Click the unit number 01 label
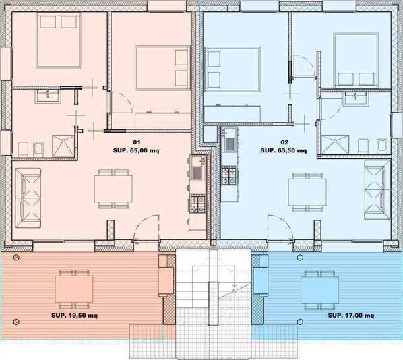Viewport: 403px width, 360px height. pyautogui.click(x=137, y=142)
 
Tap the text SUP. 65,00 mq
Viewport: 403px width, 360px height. pyautogui.click(x=136, y=151)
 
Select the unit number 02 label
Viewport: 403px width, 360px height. pyautogui.click(x=284, y=142)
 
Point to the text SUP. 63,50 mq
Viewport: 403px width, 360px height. pyautogui.click(x=284, y=150)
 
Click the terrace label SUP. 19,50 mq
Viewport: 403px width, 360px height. pyautogui.click(x=74, y=316)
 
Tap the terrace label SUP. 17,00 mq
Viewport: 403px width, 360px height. pyautogui.click(x=351, y=316)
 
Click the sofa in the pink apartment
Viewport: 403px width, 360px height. pyautogui.click(x=28, y=198)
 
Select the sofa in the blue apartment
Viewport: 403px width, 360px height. pyautogui.click(x=377, y=189)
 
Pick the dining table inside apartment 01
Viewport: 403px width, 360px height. pyautogui.click(x=114, y=189)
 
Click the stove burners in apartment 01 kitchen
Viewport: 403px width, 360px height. pyautogui.click(x=198, y=204)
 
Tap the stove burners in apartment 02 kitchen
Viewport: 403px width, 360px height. pyautogui.click(x=228, y=175)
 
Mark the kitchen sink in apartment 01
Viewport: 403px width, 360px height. pyautogui.click(x=197, y=168)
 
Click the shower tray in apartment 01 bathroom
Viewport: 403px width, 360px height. pyautogui.click(x=63, y=146)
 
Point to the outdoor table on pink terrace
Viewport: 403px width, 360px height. pyautogui.click(x=74, y=289)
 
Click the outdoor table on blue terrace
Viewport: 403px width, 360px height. pyautogui.click(x=319, y=289)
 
